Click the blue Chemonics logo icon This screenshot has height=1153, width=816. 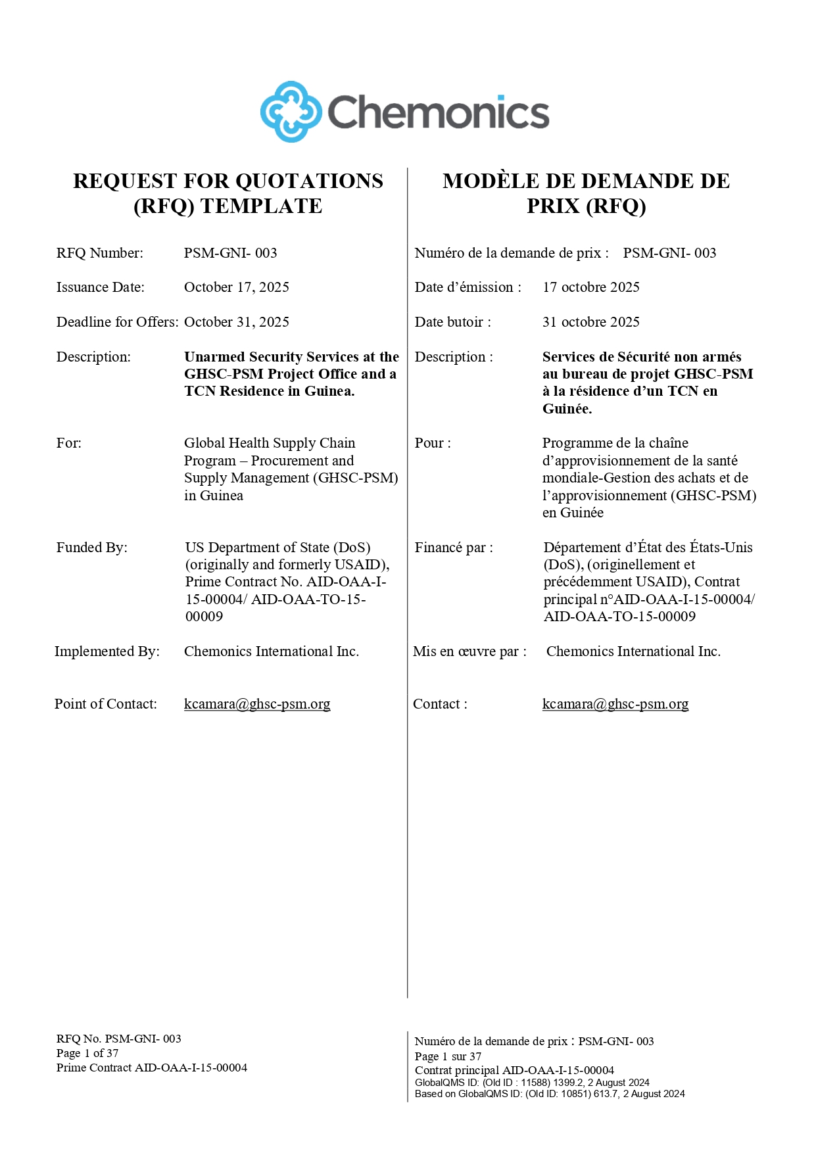[x=291, y=112]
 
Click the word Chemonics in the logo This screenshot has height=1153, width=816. [x=438, y=112]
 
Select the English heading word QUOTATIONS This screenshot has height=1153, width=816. [x=309, y=181]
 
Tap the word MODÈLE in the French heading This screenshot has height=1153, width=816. [x=485, y=181]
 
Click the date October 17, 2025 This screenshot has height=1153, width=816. [x=237, y=287]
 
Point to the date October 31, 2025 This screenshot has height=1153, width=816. [x=237, y=322]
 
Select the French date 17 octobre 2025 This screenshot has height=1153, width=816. [x=590, y=287]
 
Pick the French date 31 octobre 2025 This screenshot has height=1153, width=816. [x=590, y=322]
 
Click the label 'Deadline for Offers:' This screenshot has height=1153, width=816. [x=117, y=322]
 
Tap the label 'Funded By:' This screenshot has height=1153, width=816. [x=92, y=548]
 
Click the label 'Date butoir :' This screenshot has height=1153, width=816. [x=452, y=322]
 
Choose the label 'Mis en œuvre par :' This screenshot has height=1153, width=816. [x=469, y=651]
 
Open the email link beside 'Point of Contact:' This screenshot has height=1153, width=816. [x=257, y=704]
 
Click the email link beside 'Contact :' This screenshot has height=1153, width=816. [x=615, y=704]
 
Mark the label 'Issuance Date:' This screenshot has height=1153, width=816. [x=101, y=287]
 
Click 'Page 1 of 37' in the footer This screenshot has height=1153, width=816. [x=87, y=1053]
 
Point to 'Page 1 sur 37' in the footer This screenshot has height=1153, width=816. [x=448, y=1056]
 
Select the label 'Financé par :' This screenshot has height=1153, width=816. [x=454, y=548]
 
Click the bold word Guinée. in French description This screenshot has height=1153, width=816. [x=567, y=409]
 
